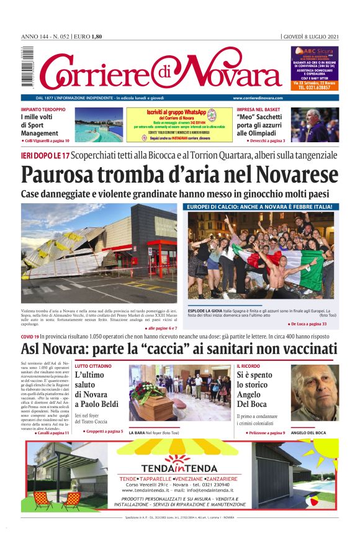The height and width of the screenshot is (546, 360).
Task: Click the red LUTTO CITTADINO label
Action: point(94,366)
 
